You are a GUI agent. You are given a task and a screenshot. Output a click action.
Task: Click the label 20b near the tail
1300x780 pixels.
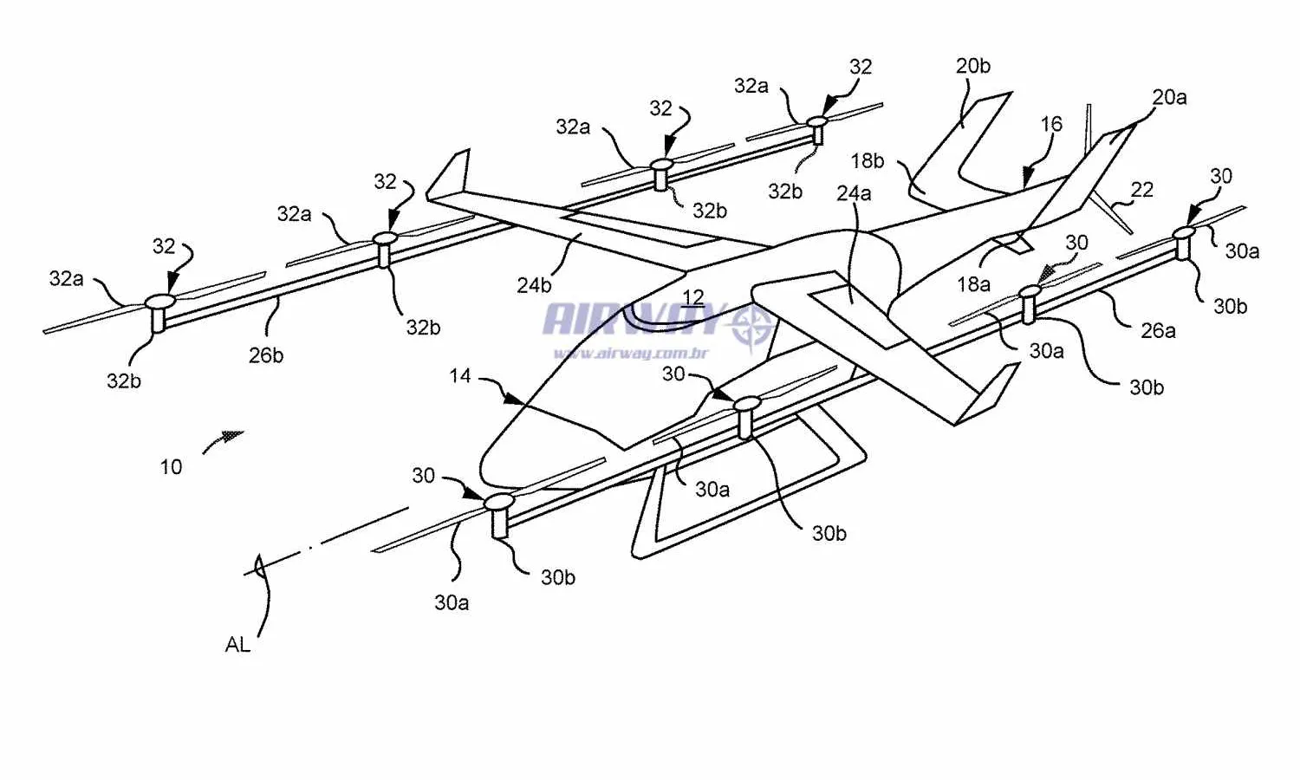tap(972, 66)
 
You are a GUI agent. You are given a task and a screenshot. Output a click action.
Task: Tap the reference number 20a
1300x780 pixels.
tap(1169, 97)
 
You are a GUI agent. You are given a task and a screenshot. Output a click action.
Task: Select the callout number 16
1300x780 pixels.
tap(1051, 124)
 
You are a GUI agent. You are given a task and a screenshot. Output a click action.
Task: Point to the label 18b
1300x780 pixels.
tap(867, 161)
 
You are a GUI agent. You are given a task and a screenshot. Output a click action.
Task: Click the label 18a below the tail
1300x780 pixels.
tap(973, 284)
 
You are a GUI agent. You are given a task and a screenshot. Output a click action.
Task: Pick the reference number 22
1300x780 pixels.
tap(1142, 190)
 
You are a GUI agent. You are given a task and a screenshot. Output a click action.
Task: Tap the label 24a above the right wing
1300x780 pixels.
tap(854, 193)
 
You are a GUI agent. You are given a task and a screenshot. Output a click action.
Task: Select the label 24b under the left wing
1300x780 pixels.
tap(534, 285)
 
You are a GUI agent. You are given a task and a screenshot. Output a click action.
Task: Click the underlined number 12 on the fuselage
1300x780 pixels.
tap(692, 298)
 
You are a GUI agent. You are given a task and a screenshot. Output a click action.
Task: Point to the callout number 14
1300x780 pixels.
tap(460, 376)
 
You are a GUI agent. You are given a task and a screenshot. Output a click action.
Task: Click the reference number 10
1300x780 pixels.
tap(171, 467)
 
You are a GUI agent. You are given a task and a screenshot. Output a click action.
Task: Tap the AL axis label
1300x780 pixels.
tap(237, 645)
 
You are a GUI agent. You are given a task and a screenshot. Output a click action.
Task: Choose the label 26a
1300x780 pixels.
tap(1158, 330)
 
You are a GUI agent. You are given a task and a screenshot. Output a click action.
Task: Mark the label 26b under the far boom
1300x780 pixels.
tap(266, 355)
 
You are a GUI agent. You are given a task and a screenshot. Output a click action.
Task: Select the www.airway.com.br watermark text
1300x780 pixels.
tap(631, 353)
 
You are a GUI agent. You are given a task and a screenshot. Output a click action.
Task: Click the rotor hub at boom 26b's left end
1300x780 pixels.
tap(159, 302)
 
